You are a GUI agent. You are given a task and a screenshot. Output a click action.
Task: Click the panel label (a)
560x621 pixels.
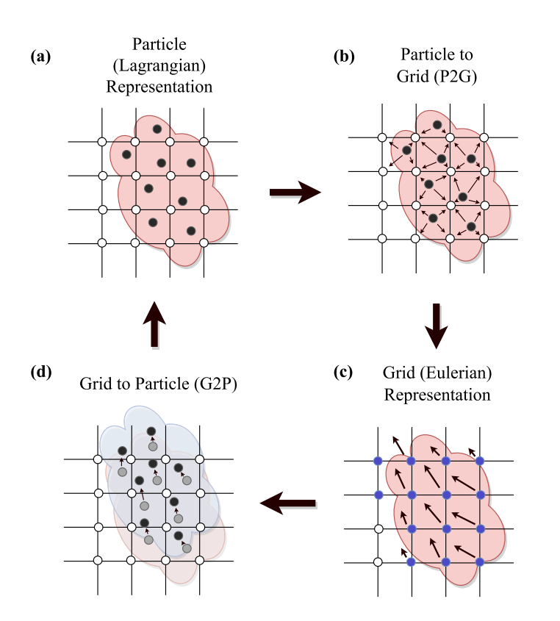tap(40, 57)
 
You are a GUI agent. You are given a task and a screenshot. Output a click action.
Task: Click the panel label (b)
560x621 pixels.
tap(344, 57)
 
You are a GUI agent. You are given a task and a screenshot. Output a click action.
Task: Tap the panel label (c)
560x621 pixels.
tap(343, 373)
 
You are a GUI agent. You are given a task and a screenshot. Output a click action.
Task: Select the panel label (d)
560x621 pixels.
tap(41, 373)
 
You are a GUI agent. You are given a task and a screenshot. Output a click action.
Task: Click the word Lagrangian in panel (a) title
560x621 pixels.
tap(159, 65)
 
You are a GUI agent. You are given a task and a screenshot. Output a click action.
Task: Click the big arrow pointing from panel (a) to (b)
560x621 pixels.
tap(295, 193)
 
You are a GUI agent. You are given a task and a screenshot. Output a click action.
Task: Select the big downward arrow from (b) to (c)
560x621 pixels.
tap(436, 326)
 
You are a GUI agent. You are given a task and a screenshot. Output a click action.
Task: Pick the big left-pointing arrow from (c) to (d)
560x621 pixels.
tap(288, 503)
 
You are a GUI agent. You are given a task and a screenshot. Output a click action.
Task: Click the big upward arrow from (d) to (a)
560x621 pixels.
tap(154, 324)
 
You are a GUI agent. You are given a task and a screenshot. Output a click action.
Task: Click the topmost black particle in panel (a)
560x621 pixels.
tap(157, 129)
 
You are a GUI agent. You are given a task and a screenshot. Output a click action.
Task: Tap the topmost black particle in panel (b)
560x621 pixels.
tap(437, 125)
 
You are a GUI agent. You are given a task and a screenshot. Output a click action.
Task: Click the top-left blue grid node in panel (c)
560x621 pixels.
tap(378, 461)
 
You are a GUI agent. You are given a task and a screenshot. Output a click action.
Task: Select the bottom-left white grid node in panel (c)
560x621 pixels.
tap(378, 562)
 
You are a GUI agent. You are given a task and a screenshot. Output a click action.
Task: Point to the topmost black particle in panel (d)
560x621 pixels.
tap(151, 431)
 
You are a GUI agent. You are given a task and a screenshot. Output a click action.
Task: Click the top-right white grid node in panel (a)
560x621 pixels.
tap(204, 142)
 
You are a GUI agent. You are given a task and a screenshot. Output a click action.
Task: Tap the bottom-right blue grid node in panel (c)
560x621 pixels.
tap(480, 562)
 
